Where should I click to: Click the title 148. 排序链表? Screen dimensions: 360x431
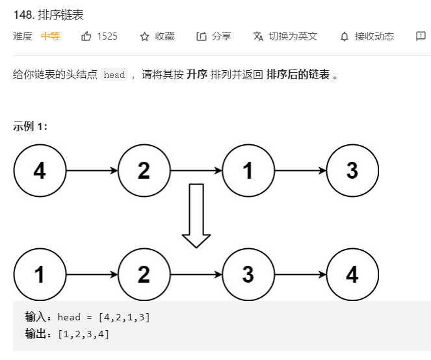(48, 14)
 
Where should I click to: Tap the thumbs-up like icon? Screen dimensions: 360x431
(86, 36)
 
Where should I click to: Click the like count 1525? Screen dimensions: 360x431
(107, 36)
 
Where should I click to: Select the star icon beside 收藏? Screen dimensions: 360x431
(144, 36)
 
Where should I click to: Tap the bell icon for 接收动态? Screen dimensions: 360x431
(345, 36)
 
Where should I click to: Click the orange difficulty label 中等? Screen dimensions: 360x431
(50, 36)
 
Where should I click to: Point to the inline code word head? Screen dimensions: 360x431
(114, 75)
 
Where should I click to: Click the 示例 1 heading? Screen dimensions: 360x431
(30, 126)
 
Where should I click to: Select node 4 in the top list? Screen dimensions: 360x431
(40, 171)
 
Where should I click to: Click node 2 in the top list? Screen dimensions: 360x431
(144, 171)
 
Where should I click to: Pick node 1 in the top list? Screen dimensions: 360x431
(248, 171)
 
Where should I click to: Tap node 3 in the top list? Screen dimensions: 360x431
(352, 171)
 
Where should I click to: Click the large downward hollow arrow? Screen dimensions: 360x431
(196, 215)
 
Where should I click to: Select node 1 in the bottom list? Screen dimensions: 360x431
(40, 275)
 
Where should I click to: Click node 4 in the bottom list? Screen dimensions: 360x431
(352, 275)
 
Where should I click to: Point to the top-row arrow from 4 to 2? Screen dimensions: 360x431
(92, 171)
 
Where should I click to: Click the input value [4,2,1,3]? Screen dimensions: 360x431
(124, 317)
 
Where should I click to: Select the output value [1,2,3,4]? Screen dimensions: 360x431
(83, 334)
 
